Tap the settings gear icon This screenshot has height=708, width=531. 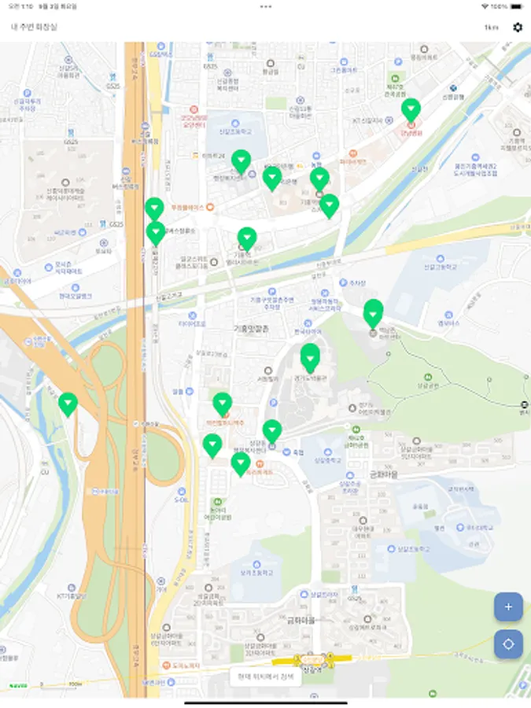click(x=517, y=28)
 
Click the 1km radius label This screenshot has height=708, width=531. click(x=491, y=28)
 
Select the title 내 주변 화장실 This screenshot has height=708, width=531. click(x=34, y=28)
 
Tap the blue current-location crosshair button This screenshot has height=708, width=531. click(x=508, y=644)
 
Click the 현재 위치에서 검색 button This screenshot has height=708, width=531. click(x=265, y=677)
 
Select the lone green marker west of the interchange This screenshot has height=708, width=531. click(x=68, y=404)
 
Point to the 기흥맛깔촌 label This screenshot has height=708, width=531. click(x=249, y=329)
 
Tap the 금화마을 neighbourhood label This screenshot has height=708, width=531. click(x=301, y=620)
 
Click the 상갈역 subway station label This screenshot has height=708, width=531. click(x=313, y=669)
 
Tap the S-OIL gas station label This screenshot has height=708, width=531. click(x=182, y=500)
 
